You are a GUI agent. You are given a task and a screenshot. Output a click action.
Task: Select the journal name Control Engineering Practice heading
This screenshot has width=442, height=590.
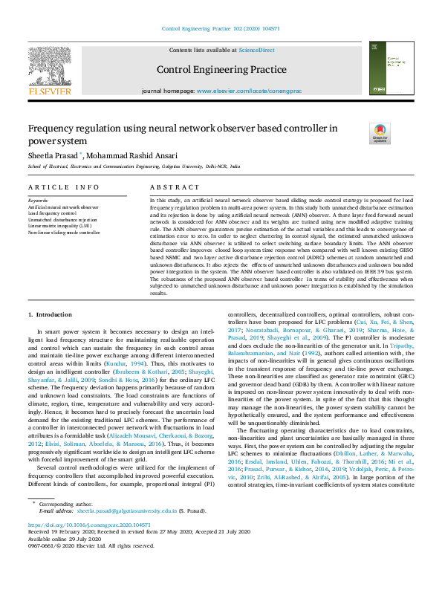click(221, 71)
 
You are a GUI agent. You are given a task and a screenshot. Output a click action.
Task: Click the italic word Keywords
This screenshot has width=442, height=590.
click(38, 201)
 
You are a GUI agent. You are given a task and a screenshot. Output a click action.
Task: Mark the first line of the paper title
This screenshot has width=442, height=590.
click(182, 129)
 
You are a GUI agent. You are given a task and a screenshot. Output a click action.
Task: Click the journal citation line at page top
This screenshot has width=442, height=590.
click(221, 28)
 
